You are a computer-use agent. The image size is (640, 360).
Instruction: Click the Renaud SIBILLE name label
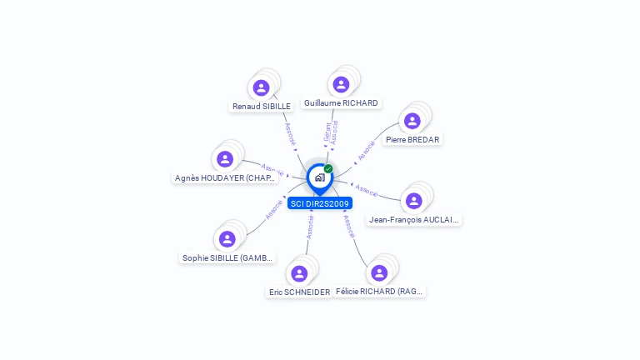coord(262,107)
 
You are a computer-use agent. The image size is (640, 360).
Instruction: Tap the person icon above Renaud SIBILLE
coord(261,87)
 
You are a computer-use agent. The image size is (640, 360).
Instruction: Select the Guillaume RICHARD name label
coord(341,103)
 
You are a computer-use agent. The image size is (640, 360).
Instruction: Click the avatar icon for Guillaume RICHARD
coord(341,84)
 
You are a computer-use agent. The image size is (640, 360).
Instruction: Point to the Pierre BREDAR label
coord(412,140)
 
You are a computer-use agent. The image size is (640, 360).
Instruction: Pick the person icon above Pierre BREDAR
coord(412,121)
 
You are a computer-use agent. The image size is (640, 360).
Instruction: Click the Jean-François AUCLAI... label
coord(414,220)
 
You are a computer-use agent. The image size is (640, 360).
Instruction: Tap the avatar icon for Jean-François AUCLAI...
coord(414,201)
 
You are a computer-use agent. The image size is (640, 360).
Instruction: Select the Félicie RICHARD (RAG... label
coord(380,292)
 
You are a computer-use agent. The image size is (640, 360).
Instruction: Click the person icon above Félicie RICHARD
coord(379,272)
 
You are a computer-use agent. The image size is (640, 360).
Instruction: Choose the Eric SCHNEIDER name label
coord(299,292)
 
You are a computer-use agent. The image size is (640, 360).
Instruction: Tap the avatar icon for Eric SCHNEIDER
coord(299,273)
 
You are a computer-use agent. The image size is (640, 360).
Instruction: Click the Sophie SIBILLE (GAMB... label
coord(227,258)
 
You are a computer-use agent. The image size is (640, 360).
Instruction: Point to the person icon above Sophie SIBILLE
coord(227,239)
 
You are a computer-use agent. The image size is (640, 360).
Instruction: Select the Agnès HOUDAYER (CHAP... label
coord(225,178)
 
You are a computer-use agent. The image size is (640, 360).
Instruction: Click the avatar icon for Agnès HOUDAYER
coord(225,159)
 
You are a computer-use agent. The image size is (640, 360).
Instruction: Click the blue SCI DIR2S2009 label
coord(320,203)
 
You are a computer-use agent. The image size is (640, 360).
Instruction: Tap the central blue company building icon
coord(319,177)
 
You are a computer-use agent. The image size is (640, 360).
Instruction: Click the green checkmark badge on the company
coord(328,168)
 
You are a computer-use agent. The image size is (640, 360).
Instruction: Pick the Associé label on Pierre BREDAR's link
coord(366,151)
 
